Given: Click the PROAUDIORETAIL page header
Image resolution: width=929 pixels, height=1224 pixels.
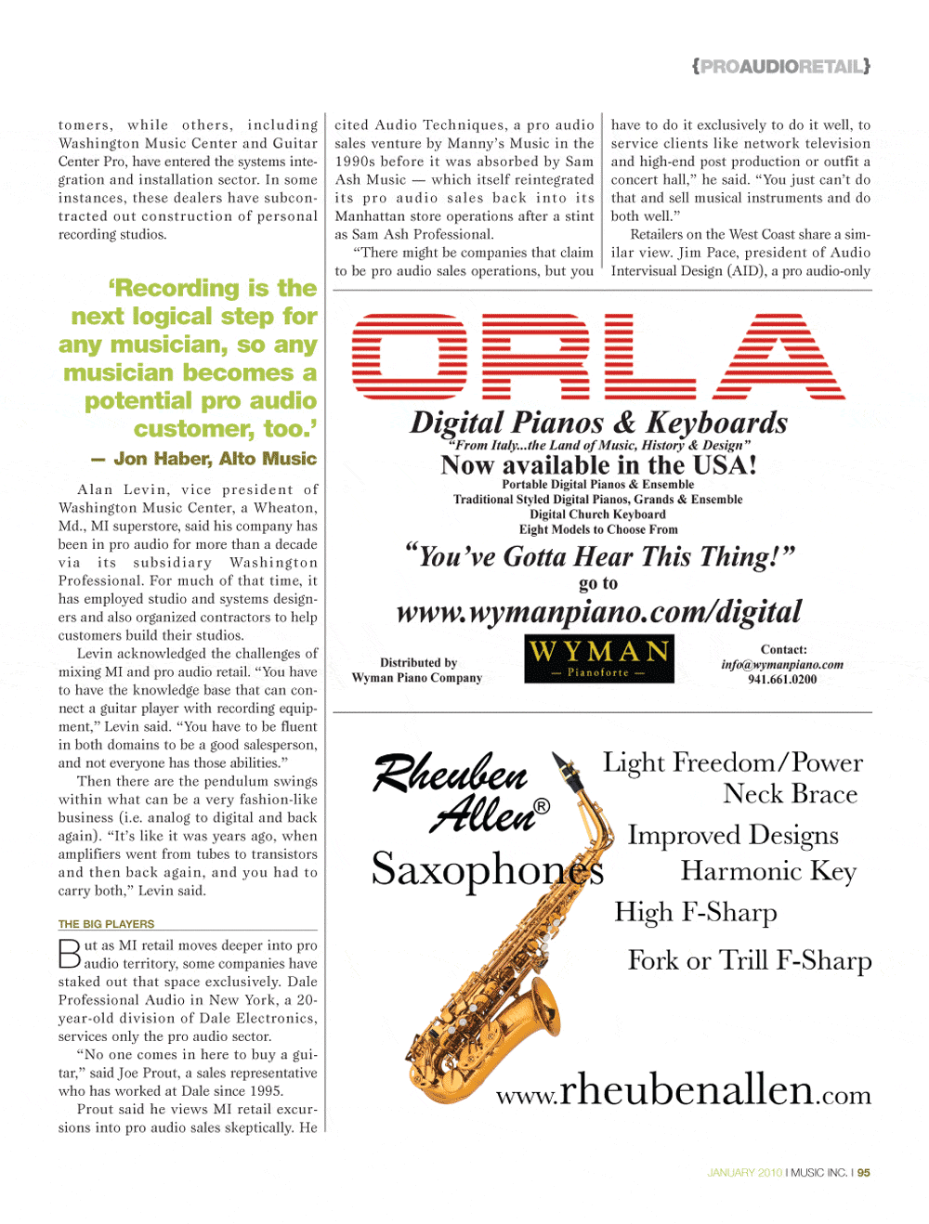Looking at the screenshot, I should [x=780, y=66].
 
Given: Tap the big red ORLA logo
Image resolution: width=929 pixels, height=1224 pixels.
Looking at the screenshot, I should [x=598, y=358].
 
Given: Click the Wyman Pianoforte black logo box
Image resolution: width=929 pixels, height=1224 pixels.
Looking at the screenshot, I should [x=599, y=658].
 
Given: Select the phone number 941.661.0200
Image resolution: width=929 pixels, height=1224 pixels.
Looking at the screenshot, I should [x=782, y=680].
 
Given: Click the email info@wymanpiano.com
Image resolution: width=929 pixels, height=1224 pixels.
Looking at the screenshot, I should [x=782, y=665].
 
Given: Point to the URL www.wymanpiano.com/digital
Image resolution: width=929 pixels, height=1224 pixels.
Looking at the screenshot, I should [x=598, y=612].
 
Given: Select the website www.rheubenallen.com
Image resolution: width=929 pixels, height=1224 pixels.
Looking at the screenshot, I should [x=684, y=1089].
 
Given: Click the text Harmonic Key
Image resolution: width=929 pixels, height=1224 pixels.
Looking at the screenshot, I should [x=768, y=871].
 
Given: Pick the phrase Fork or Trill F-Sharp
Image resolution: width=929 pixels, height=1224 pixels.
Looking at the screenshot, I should [x=750, y=960].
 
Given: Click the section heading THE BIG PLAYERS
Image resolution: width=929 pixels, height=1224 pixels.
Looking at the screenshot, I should [x=107, y=924].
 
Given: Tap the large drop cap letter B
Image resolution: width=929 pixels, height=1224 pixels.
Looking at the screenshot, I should [x=70, y=955].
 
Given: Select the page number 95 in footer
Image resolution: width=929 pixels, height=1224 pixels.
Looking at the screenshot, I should [x=864, y=1173].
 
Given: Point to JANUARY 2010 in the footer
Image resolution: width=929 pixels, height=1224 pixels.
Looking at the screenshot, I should [x=744, y=1173].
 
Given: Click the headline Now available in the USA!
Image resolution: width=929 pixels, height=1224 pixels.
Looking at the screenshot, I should [x=598, y=465].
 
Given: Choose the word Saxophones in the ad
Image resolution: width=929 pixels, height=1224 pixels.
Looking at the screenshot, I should [x=488, y=869].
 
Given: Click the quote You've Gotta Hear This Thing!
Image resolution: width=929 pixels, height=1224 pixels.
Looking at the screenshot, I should [x=600, y=556].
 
